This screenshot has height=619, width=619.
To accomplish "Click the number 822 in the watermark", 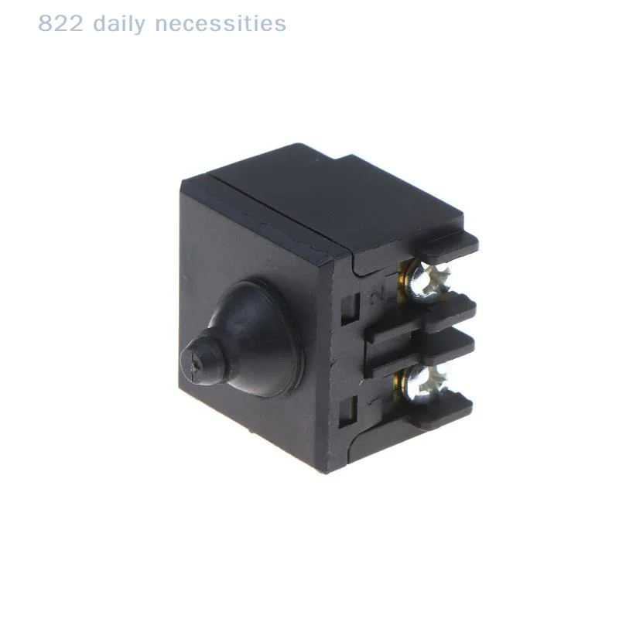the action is coord(60,23).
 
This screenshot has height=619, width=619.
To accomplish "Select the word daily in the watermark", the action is coord(119,25).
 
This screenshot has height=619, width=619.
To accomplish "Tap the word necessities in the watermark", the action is coord(221,23).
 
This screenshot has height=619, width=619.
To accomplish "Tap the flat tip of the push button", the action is coord(196,361).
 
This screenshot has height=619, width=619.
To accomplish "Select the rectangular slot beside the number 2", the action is coord(350,309).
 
